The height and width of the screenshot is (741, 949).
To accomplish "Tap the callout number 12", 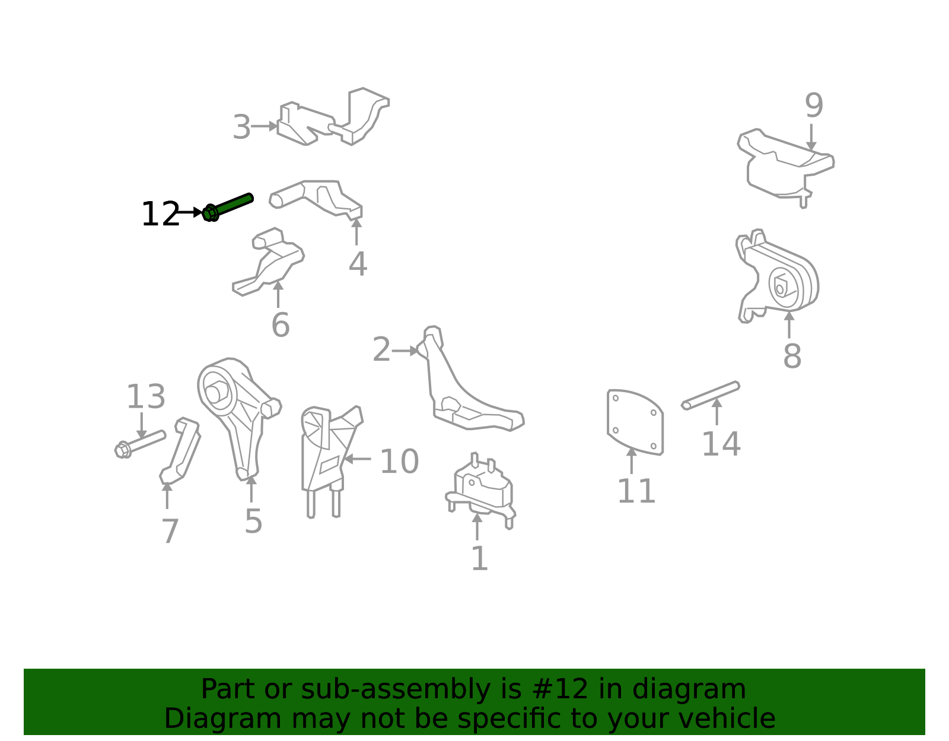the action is (x=160, y=214).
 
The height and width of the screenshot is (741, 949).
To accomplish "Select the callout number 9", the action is (x=814, y=106).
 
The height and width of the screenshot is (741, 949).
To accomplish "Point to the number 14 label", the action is (x=721, y=444).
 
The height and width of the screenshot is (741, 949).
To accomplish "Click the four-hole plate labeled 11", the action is (x=635, y=422).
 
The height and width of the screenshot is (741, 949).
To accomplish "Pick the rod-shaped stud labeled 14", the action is (x=711, y=395).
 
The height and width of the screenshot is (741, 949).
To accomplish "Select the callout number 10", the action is (x=399, y=461).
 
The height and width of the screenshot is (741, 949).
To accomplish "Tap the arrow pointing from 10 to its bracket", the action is (x=358, y=459).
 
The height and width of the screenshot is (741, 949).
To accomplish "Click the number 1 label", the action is (x=479, y=558).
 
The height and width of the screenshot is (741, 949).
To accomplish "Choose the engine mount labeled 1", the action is (x=480, y=491).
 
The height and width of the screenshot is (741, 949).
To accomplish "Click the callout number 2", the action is (x=381, y=350).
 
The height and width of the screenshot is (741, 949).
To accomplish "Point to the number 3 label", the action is (x=241, y=127).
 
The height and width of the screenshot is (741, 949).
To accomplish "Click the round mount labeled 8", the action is (x=778, y=276).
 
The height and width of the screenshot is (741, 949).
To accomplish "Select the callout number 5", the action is (x=253, y=521).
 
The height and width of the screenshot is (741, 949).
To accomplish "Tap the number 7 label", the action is (x=170, y=532).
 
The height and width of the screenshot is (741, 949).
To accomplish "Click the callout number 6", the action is (x=281, y=325).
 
